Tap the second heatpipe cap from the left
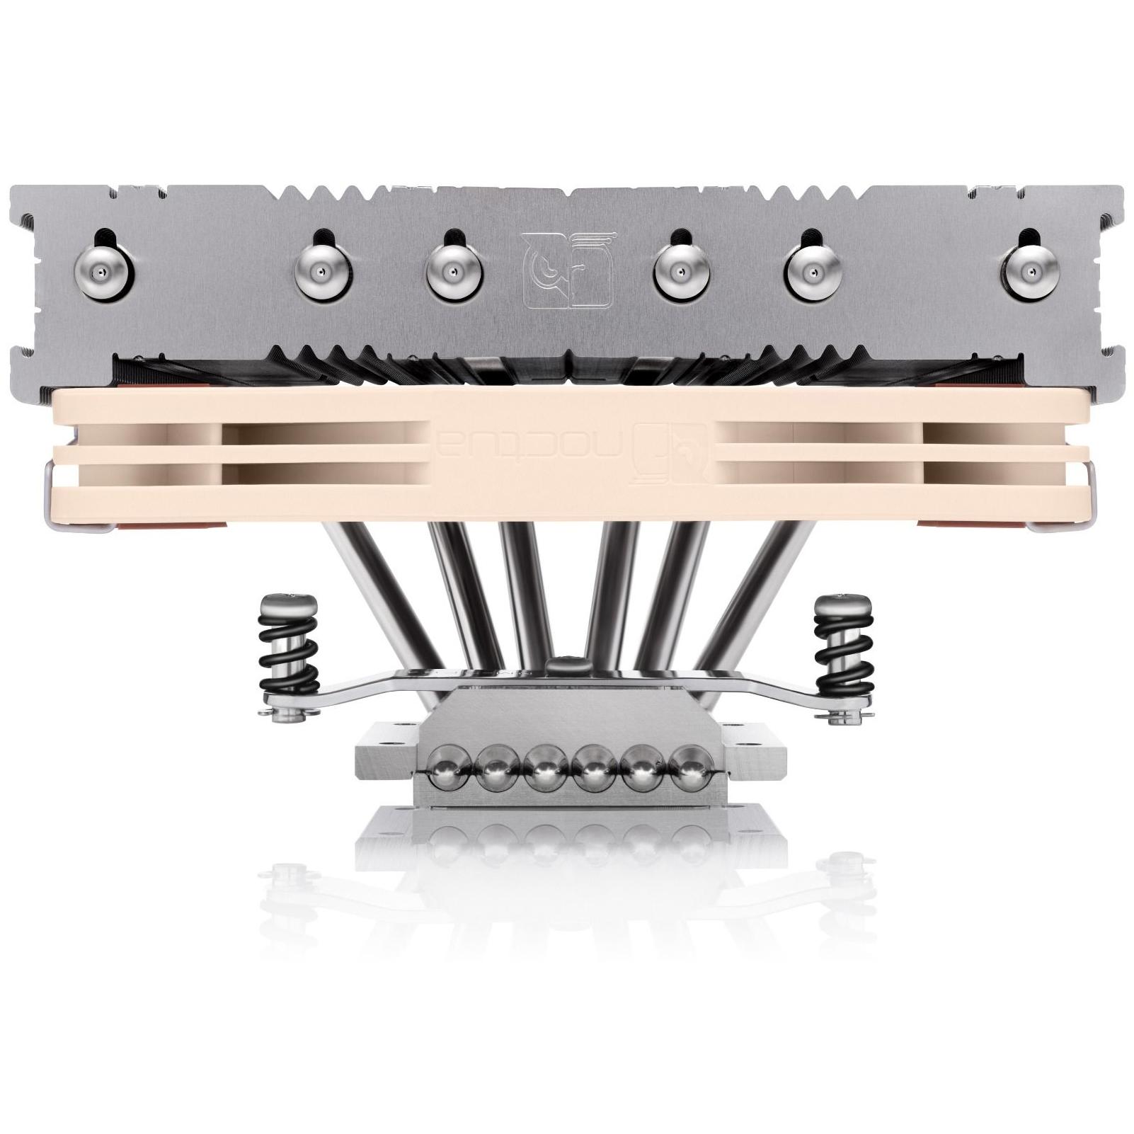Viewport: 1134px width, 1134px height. [321, 272]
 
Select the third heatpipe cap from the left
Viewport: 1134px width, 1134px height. [452, 272]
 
